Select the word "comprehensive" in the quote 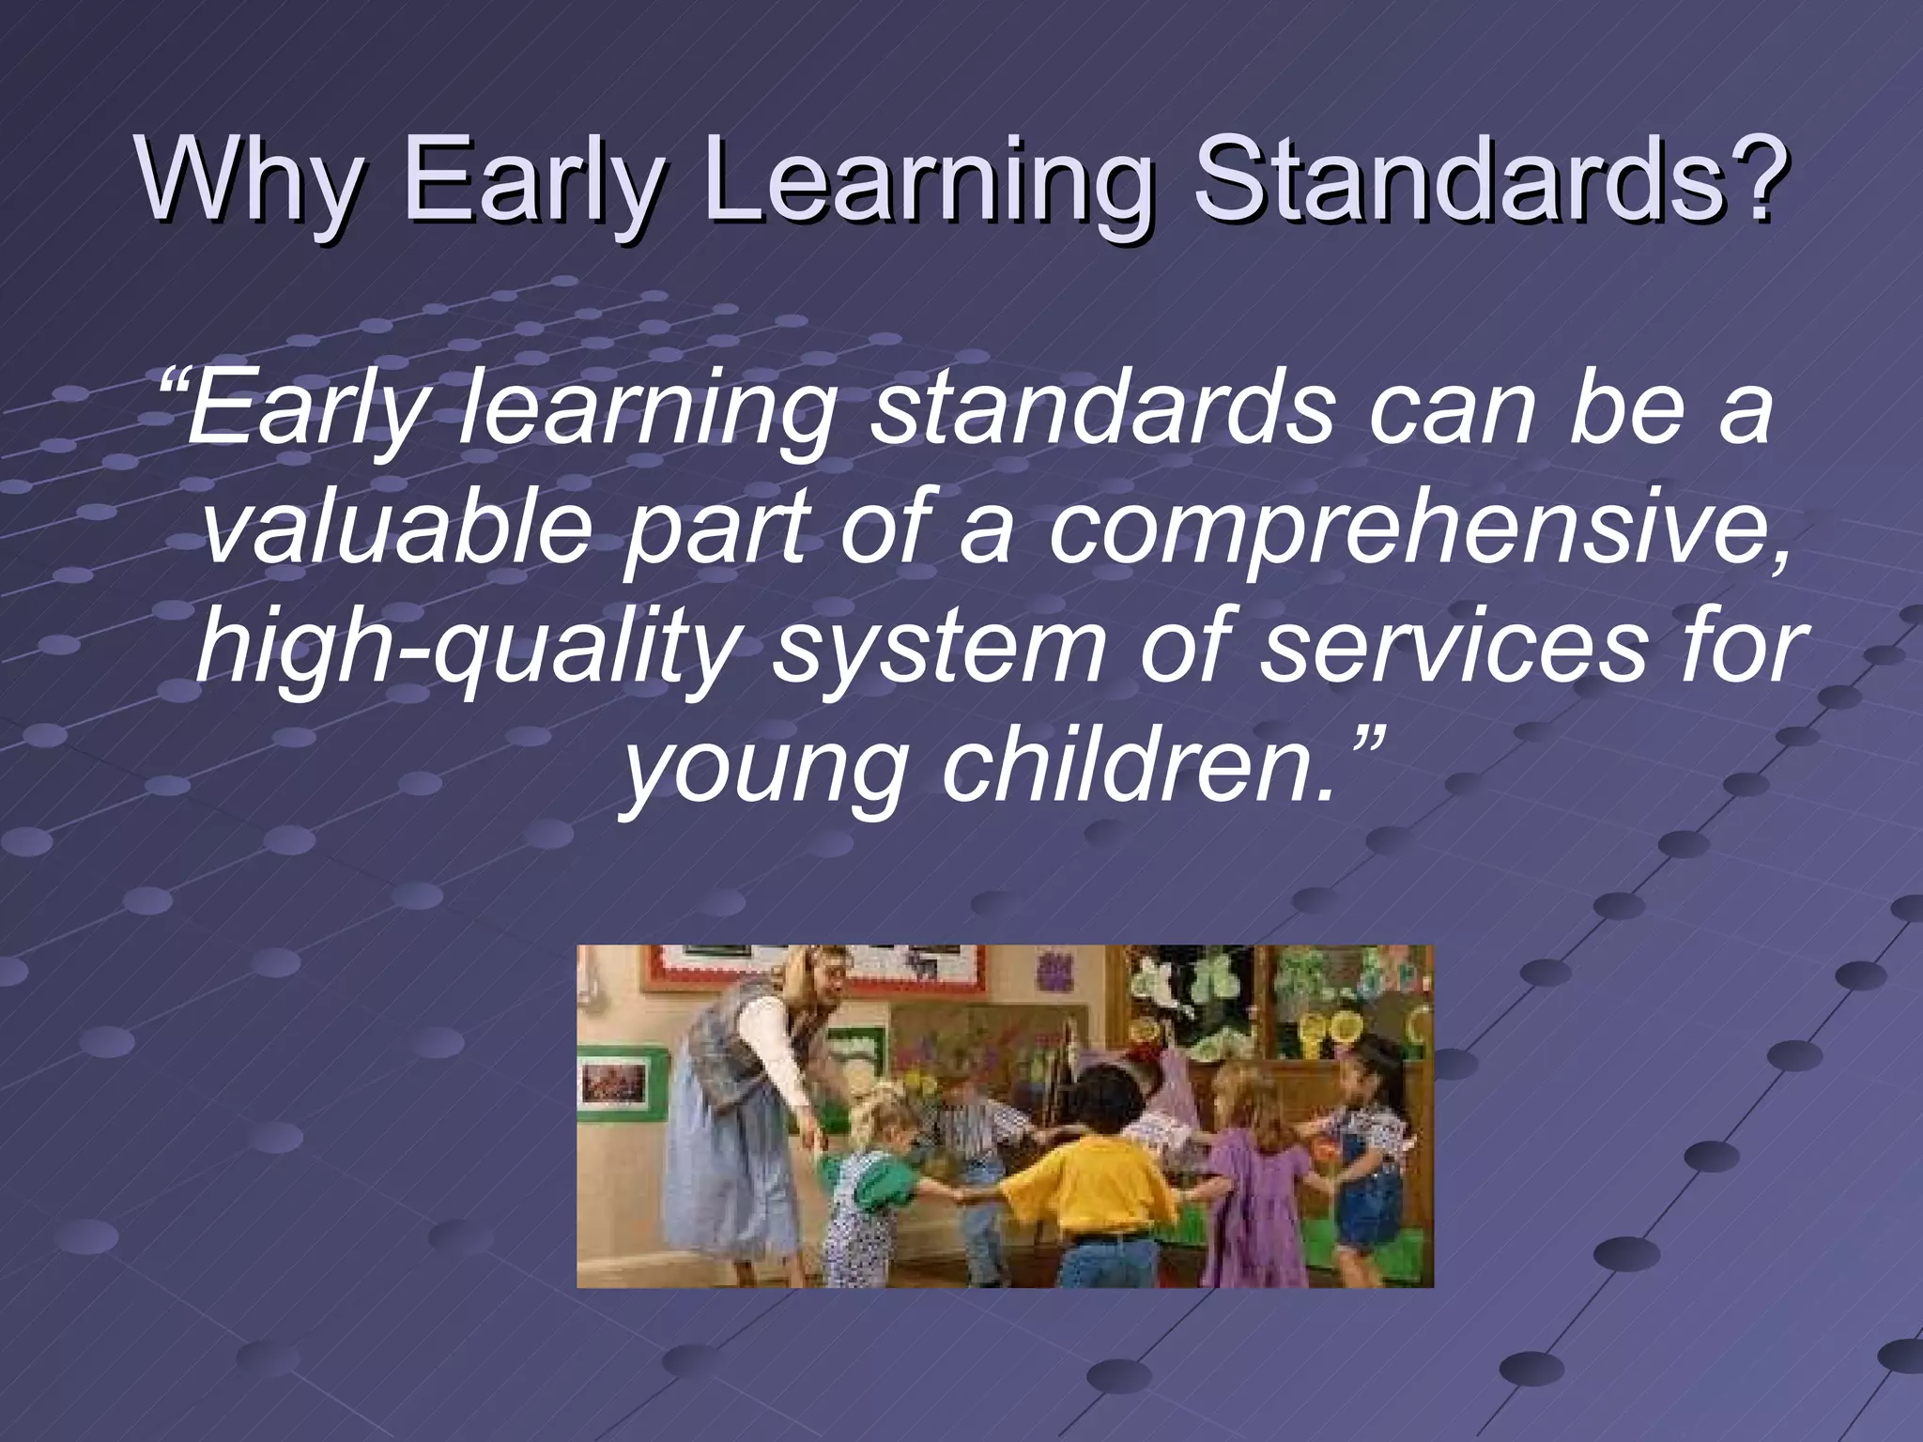point(1418,531)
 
